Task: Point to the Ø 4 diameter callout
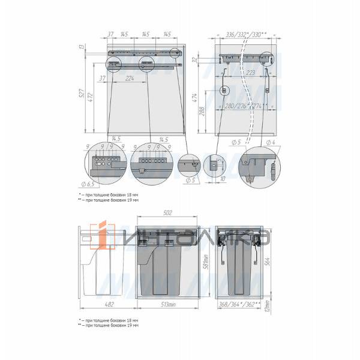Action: click(x=271, y=142)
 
